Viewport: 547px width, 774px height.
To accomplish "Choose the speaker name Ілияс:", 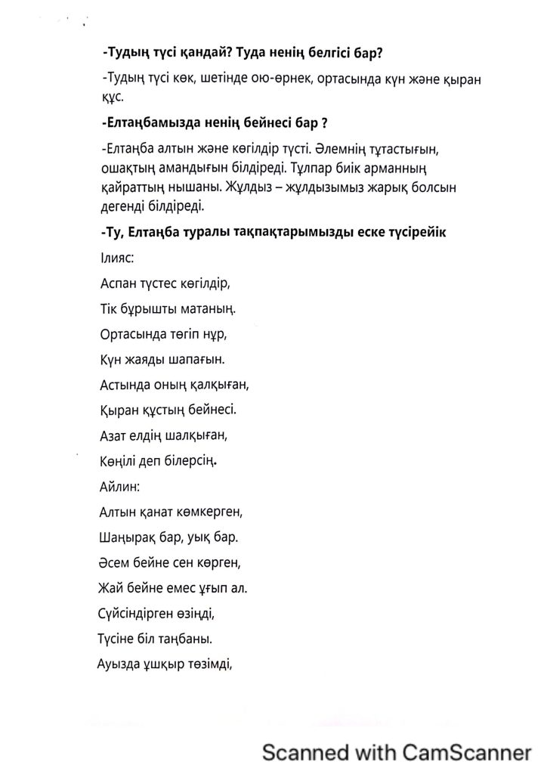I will tap(117, 258).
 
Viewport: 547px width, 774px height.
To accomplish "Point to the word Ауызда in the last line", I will tap(118, 665).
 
